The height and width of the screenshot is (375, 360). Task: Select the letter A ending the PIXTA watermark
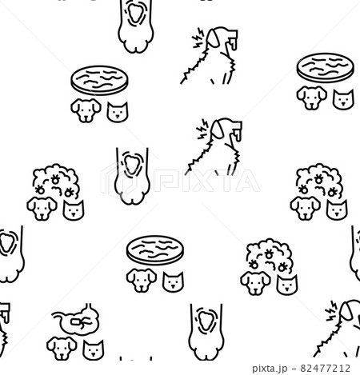[x=246, y=181]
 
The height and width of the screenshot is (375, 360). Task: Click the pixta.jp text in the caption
[x=270, y=369]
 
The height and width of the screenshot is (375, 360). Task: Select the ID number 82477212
[x=325, y=368]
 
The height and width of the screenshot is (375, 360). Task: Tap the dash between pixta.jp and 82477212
[x=294, y=369]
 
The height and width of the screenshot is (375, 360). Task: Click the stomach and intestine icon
[x=76, y=319]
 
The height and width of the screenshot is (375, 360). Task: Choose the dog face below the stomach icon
[x=62, y=348]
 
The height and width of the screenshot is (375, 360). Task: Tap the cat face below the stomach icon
[x=93, y=349]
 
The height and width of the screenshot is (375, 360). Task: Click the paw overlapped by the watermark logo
[x=132, y=176]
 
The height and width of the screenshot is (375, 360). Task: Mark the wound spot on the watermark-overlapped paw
[x=130, y=165]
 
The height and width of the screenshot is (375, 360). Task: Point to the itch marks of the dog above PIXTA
[x=202, y=130]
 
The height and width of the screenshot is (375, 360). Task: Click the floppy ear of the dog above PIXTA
[x=218, y=130]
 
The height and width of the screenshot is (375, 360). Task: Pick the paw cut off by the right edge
[x=355, y=253]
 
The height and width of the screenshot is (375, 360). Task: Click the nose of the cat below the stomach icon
[x=93, y=354]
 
